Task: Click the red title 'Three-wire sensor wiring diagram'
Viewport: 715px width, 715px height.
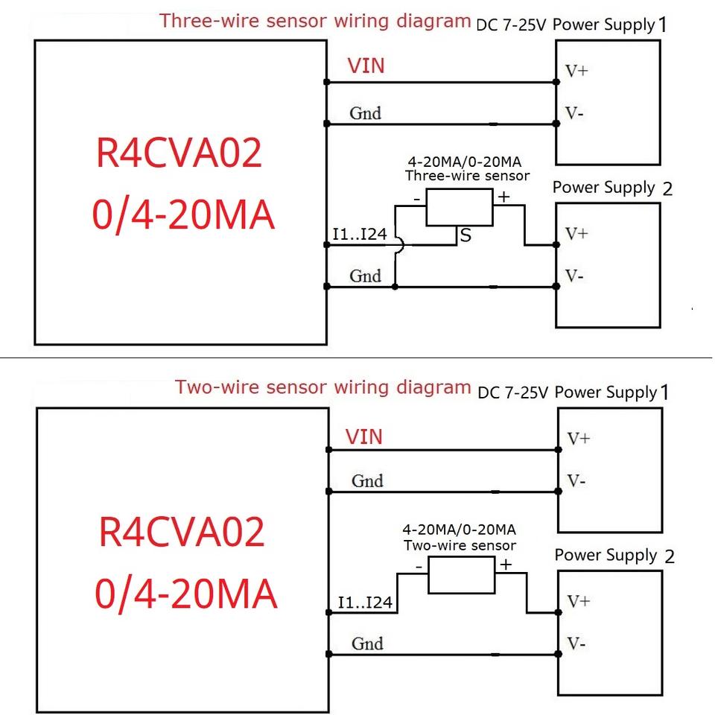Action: [x=315, y=20]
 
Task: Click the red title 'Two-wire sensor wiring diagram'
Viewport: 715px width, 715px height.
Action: [x=323, y=387]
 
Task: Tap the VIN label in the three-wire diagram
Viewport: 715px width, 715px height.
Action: [x=366, y=66]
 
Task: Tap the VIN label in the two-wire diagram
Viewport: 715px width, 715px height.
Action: [x=364, y=436]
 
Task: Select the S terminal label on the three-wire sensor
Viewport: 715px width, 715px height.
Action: [x=466, y=236]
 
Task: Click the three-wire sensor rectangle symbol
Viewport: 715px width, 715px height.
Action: [x=460, y=206]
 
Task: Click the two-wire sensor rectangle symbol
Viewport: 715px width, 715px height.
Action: [x=461, y=575]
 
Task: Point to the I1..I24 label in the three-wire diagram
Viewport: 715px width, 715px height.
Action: [x=360, y=235]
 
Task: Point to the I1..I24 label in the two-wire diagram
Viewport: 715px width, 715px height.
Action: [x=365, y=602]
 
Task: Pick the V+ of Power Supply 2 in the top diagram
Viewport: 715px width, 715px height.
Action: [x=576, y=234]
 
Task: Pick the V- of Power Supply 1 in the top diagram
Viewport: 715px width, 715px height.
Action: [x=574, y=114]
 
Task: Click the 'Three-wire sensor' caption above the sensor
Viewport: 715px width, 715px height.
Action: [x=467, y=176]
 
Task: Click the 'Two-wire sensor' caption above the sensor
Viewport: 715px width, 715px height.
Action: [x=460, y=545]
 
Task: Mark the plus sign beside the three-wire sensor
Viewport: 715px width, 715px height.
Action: [x=503, y=197]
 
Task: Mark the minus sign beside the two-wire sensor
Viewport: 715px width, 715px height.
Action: [x=419, y=566]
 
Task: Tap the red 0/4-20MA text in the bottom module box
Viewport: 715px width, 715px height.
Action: [x=186, y=595]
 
